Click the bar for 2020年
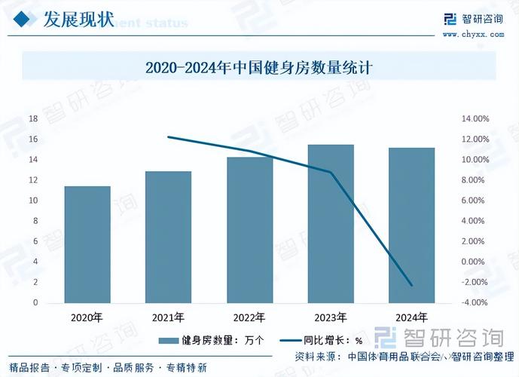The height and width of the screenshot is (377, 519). coord(87,244)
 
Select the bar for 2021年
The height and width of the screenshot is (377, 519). coord(168,237)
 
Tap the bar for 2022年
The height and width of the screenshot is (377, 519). coord(250,230)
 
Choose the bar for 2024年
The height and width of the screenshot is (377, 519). coord(412,225)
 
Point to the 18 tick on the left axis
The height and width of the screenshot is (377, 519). coord(33,119)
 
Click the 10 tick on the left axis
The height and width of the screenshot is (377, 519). coord(33,201)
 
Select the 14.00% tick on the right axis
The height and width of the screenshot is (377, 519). coord(475,119)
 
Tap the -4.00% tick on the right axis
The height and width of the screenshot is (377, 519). coord(475,302)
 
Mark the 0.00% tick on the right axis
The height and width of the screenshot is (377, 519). coord(475,262)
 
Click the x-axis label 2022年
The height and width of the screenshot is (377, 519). coord(250,317)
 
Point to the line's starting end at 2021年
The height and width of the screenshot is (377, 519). coord(168,137)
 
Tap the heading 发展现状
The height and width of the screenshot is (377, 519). coord(78,19)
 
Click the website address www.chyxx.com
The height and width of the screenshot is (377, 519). coord(472,34)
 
